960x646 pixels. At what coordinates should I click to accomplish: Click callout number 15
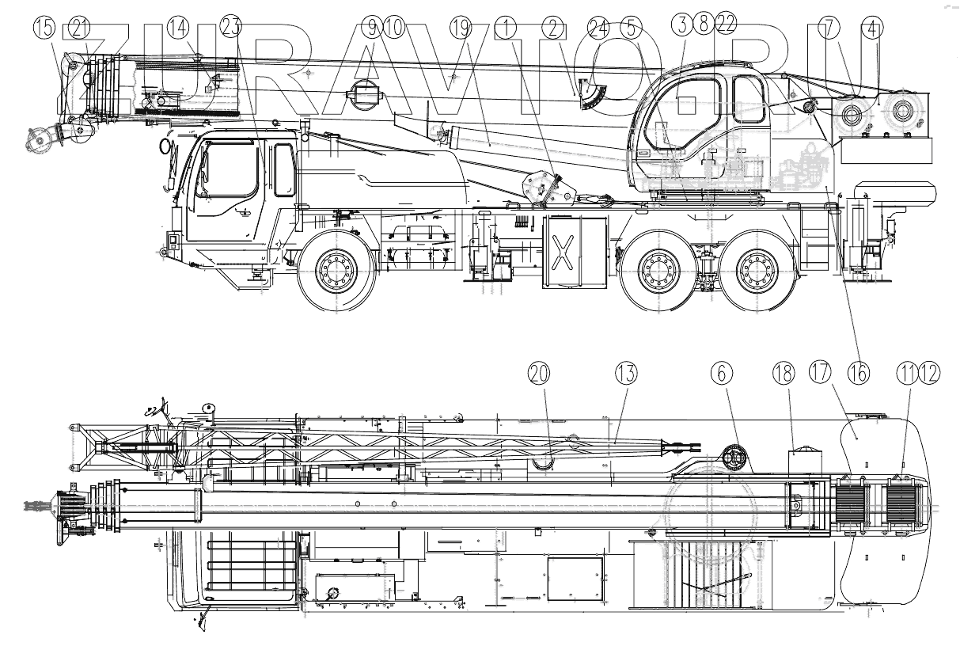point(46,28)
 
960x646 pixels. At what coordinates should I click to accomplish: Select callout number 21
point(79,28)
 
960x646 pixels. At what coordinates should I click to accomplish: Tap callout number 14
point(179,28)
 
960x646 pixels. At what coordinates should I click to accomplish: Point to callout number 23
point(230,28)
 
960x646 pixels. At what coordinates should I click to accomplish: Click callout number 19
point(460,28)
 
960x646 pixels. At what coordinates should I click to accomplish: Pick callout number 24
point(598,28)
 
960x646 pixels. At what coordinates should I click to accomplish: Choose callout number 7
point(829,28)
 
